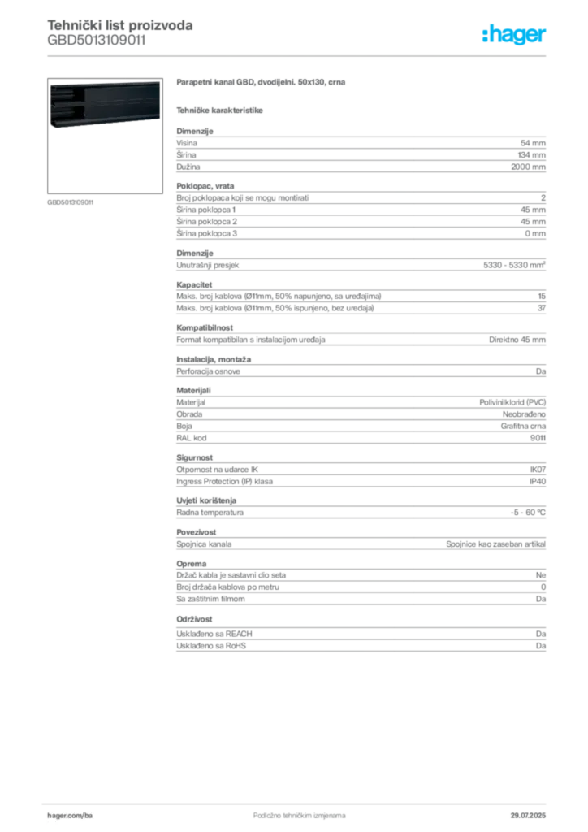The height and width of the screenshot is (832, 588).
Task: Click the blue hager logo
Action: coord(516,36)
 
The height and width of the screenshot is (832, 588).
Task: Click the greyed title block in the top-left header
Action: coord(120,34)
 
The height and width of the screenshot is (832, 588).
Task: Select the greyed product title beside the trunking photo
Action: coord(262,84)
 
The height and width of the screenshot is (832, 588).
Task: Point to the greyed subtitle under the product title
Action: coord(221,110)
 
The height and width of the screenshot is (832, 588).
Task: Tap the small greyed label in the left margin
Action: coord(71,202)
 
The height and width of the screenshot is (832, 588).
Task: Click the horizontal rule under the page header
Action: coord(299,54)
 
